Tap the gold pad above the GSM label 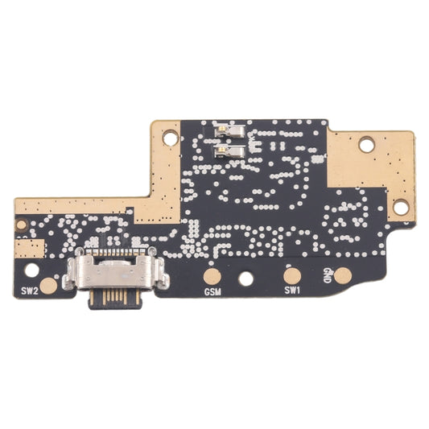(213, 275)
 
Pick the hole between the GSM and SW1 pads (246, 278)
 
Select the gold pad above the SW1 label (292, 275)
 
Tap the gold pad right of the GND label (344, 275)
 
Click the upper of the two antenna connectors (227, 130)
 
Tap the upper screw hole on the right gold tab (367, 146)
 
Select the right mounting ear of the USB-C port (163, 275)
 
